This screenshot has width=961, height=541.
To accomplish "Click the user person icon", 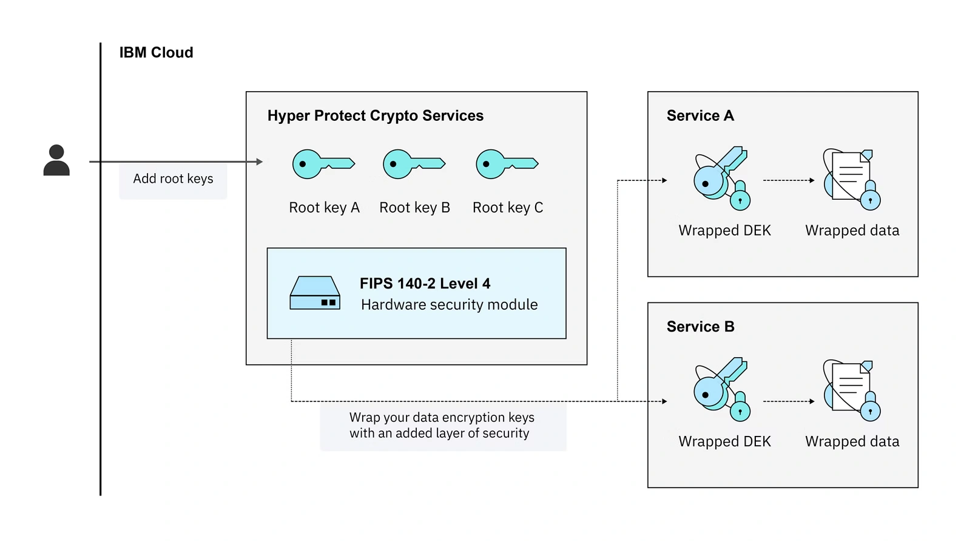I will point(56,160).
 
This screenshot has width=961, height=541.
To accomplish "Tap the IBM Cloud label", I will point(156,53).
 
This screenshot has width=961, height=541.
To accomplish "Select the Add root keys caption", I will point(173,179).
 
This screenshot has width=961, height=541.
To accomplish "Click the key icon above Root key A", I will point(322,164).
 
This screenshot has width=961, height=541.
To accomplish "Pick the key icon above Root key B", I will point(413,164).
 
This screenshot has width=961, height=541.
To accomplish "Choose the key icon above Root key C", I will point(506,164).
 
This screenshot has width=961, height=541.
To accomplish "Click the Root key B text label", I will point(414,208).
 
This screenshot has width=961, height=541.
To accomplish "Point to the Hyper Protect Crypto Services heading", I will point(375,116).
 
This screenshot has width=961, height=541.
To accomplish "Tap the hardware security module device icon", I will point(314,293).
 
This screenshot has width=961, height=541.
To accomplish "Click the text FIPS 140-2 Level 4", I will point(425,284).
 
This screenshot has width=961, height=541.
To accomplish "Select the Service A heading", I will point(700,116).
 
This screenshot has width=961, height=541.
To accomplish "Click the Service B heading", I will point(700,327).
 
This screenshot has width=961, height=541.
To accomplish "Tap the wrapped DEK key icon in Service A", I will point(722,179).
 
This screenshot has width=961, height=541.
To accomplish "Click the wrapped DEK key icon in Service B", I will point(722,389).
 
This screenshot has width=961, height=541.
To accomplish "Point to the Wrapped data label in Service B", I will point(852,441).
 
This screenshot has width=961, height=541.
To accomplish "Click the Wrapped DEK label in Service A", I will point(724,231).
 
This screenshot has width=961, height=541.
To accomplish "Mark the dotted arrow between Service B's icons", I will point(788,401).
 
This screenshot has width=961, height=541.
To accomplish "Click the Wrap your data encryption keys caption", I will point(442,426).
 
